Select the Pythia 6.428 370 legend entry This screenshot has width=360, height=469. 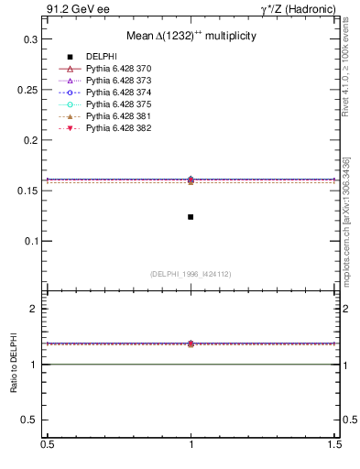[x=119, y=69]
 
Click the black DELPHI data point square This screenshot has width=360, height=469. [x=191, y=217]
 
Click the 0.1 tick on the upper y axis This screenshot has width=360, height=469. [x=30, y=242]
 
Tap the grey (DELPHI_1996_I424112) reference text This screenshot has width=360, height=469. [x=191, y=273]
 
